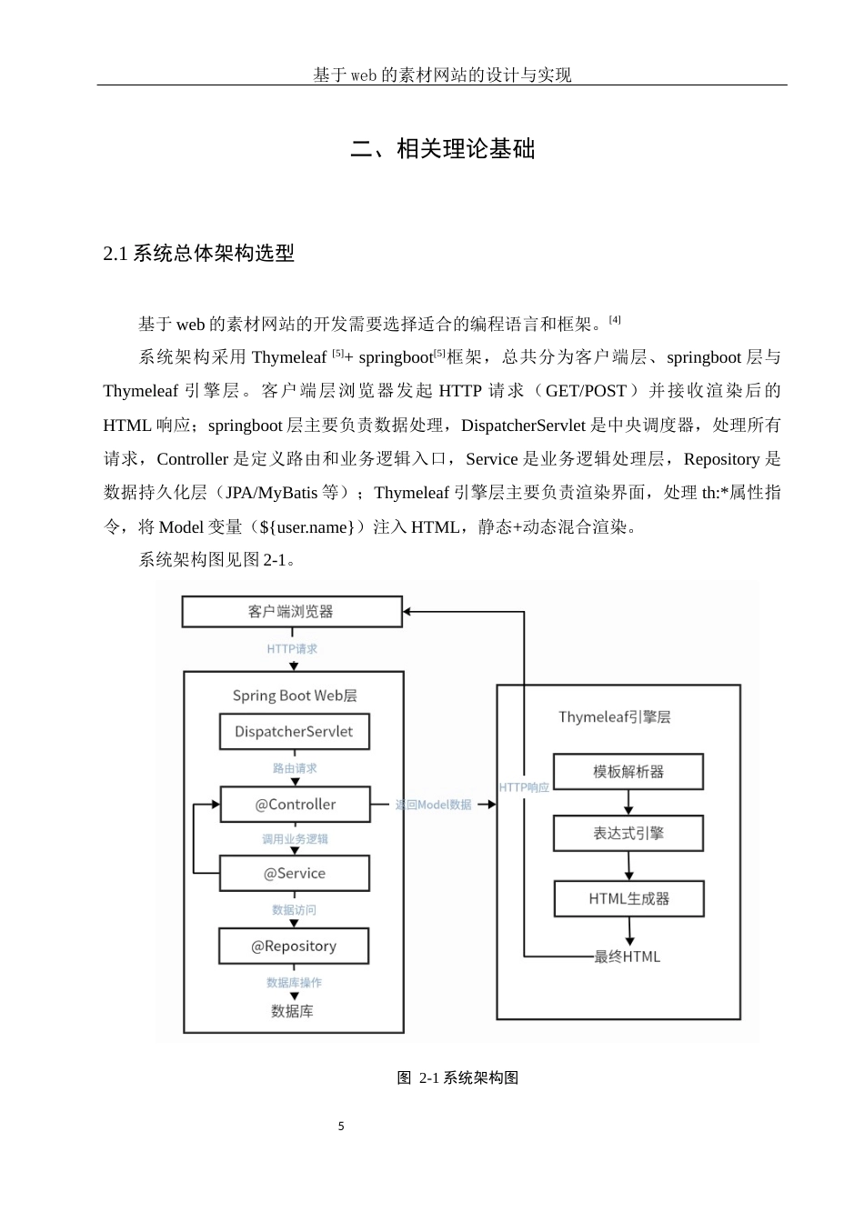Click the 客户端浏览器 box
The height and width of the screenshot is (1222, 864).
coord(292,612)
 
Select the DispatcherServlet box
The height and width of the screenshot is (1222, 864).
coord(294,732)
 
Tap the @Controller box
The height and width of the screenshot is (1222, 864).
coord(296,805)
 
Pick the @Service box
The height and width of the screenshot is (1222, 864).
coord(295,874)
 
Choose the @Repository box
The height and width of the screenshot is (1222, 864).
coord(294,947)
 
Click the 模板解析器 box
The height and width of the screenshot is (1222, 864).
coord(628,772)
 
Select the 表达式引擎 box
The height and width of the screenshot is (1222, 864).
coord(628,833)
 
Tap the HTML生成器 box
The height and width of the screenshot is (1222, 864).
coord(629,899)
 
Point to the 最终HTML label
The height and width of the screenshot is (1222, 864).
coord(628,957)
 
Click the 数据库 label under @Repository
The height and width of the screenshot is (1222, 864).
coord(293,1011)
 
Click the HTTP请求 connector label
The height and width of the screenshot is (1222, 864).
coord(293,649)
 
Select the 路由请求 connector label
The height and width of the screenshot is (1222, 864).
coord(295,768)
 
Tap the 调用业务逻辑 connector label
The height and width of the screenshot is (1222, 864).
coord(295,839)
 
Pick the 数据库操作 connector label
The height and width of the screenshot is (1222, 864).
coord(294,983)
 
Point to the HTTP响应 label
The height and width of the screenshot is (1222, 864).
coord(525,787)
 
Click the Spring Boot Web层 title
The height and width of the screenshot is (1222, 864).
coord(295,696)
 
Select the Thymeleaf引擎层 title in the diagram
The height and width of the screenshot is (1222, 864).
coord(615,717)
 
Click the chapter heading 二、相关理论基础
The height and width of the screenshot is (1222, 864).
coord(443,149)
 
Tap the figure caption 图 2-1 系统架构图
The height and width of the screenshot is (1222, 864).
coord(458,1078)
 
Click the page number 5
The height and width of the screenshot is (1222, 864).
coord(341,1127)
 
